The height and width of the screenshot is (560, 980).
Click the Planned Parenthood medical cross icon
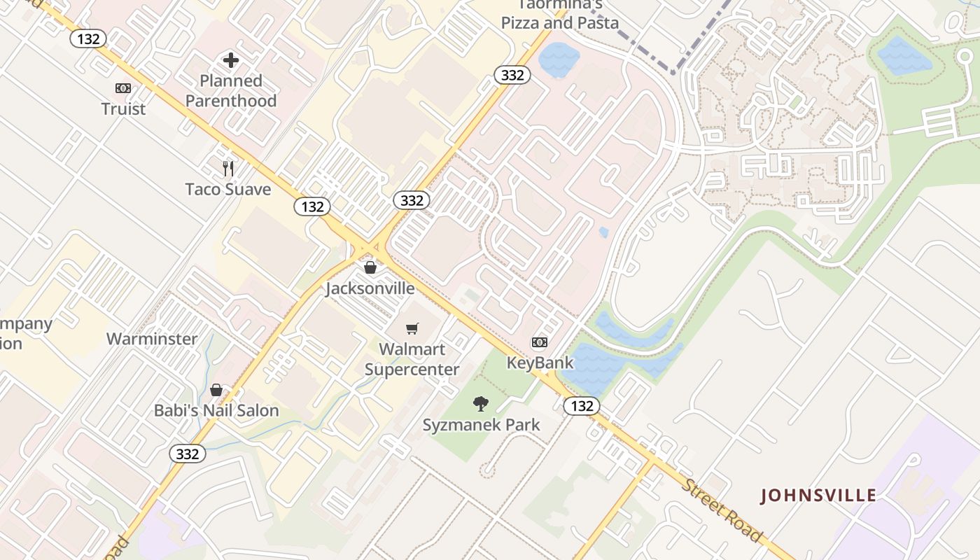pos(231,61)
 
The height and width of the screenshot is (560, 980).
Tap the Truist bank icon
pos(123,88)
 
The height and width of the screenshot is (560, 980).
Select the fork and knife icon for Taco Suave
pos(227,169)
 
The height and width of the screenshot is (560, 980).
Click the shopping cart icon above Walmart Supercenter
pos(412,328)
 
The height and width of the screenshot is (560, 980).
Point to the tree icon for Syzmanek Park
pos(481,403)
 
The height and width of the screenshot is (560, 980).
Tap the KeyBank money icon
pos(540,342)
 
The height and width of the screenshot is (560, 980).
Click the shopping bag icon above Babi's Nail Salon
pos(217,390)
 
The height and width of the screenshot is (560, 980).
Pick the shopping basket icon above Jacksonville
pos(370,267)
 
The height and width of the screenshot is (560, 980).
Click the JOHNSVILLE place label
pos(818,496)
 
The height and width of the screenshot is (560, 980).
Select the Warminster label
pos(152,339)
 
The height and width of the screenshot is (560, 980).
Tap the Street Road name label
pos(722,511)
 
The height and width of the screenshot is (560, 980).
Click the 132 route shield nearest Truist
pos(88,39)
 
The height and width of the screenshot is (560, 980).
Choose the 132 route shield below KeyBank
pos(582,406)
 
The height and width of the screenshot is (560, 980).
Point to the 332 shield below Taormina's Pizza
pos(512,75)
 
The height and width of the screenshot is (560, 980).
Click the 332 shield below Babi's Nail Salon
pos(188,454)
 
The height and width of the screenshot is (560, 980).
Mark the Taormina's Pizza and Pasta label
pos(560,15)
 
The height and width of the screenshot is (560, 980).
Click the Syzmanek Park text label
pos(482,425)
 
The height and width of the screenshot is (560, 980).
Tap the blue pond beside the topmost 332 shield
pos(559,59)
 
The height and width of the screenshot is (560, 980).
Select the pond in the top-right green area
pos(904,56)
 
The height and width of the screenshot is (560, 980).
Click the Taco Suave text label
pos(227,190)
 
